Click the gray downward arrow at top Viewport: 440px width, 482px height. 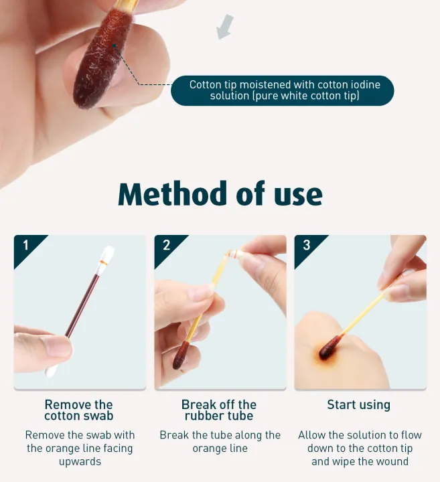tap(226, 27)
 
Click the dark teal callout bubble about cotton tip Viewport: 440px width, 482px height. tap(282, 90)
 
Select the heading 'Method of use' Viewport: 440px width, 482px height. tap(220, 193)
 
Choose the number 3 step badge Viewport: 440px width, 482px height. tap(307, 245)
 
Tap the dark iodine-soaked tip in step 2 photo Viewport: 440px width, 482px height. tap(179, 355)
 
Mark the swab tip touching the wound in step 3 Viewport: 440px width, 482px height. tap(327, 350)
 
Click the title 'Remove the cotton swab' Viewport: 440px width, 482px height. tap(79, 410)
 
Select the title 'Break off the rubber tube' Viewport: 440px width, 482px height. tap(219, 410)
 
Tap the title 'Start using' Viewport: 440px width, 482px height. tap(358, 404)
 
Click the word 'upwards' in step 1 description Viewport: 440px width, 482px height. tap(80, 461)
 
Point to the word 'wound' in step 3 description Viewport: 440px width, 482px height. tap(392, 461)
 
